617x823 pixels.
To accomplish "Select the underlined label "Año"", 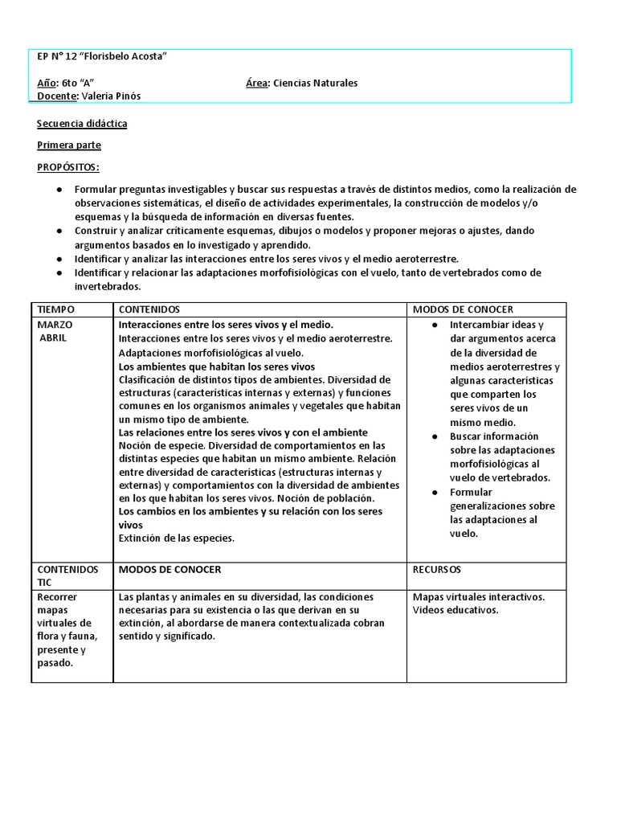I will [47, 83].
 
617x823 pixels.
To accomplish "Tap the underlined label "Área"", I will [257, 83].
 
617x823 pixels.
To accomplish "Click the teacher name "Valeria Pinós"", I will [116, 96].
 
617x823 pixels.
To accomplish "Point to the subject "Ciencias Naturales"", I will [316, 83].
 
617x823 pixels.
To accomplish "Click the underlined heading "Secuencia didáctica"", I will [82, 124].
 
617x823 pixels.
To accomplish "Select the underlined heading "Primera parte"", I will [69, 145].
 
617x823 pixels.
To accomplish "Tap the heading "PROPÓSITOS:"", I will [68, 166].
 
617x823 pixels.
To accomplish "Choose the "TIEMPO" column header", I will [56, 309].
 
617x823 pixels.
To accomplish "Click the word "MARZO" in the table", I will [55, 325].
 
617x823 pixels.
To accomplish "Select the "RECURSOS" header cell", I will [437, 569].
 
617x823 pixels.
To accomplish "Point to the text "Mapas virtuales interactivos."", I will [479, 596].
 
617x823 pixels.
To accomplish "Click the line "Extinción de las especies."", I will [177, 538].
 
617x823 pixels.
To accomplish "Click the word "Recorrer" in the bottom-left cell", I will [58, 597].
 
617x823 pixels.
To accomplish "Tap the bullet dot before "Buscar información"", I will [434, 436].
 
